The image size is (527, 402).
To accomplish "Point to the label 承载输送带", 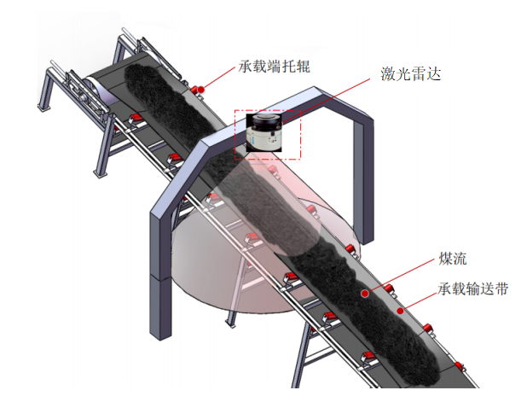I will pos(475,288).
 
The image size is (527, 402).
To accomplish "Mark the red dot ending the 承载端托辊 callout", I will pos(195,89).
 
